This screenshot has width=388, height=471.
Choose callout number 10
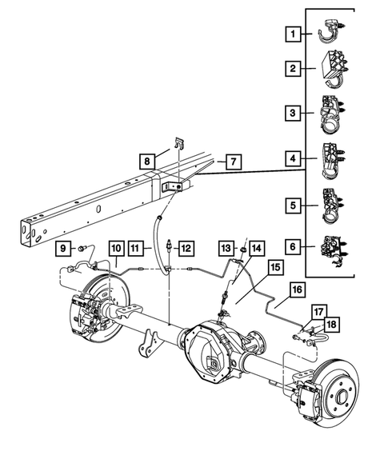[x=116, y=248]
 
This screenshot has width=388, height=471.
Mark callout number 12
[x=185, y=248]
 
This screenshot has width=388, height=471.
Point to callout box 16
[x=295, y=289]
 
